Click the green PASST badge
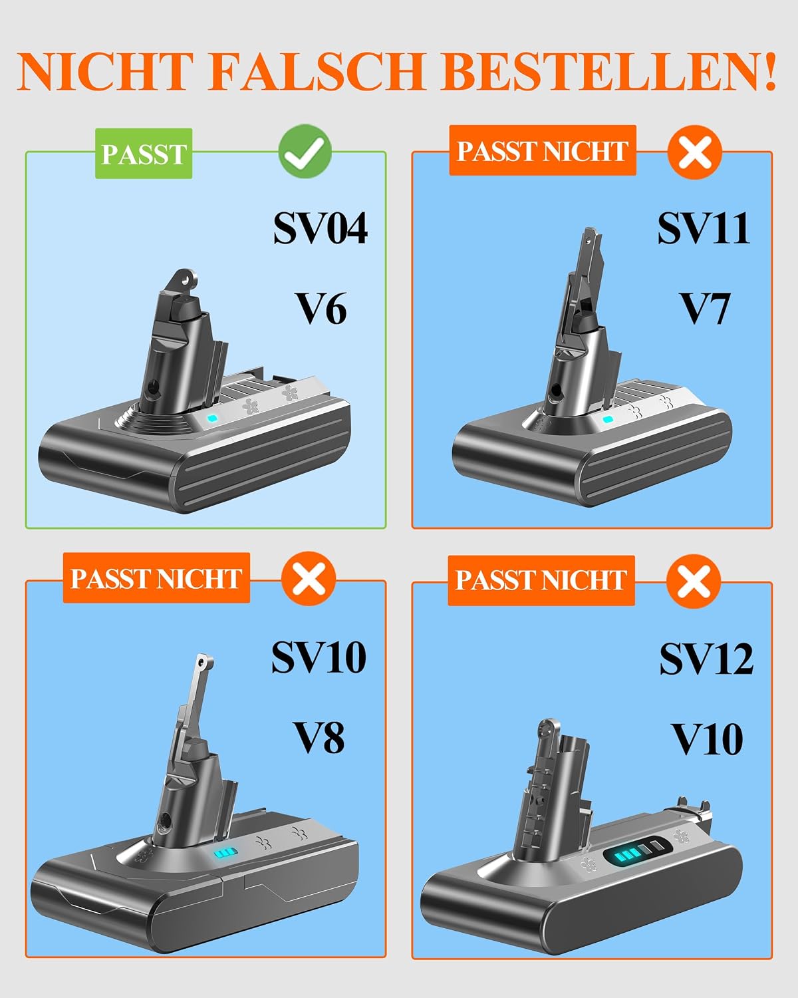tap(144, 154)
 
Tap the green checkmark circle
tap(305, 151)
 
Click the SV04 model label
tap(321, 228)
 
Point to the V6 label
tap(321, 309)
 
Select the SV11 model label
tap(704, 228)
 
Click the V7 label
tap(704, 309)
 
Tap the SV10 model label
tap(319, 657)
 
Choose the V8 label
tap(319, 738)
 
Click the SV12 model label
tap(707, 659)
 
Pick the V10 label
tap(707, 740)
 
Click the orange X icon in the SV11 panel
tap(695, 152)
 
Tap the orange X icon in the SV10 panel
tap(309, 578)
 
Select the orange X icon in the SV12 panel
tap(693, 581)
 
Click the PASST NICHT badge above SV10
tap(157, 578)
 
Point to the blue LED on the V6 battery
tap(212, 418)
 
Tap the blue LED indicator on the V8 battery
tap(225, 853)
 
